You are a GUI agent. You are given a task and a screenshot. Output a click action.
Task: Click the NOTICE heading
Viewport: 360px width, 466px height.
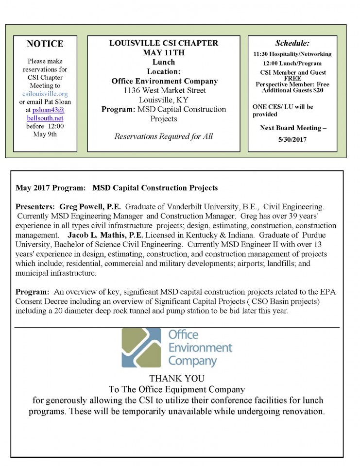[45, 44]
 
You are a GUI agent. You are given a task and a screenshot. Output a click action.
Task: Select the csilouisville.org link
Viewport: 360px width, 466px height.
[45, 93]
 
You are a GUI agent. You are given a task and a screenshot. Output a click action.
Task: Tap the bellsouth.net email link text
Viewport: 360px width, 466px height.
[45, 118]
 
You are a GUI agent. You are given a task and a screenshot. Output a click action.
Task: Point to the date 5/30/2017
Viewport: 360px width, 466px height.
[292, 139]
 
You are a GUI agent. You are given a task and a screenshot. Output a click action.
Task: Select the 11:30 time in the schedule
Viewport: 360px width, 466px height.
[262, 54]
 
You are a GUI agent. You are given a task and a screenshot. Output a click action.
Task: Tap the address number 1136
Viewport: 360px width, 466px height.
[132, 90]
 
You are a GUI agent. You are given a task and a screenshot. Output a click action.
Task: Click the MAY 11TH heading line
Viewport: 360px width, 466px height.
[163, 52]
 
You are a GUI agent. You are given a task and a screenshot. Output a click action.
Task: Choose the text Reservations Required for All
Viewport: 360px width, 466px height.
[163, 136]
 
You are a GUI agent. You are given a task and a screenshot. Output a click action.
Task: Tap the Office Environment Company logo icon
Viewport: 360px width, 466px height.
[142, 348]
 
